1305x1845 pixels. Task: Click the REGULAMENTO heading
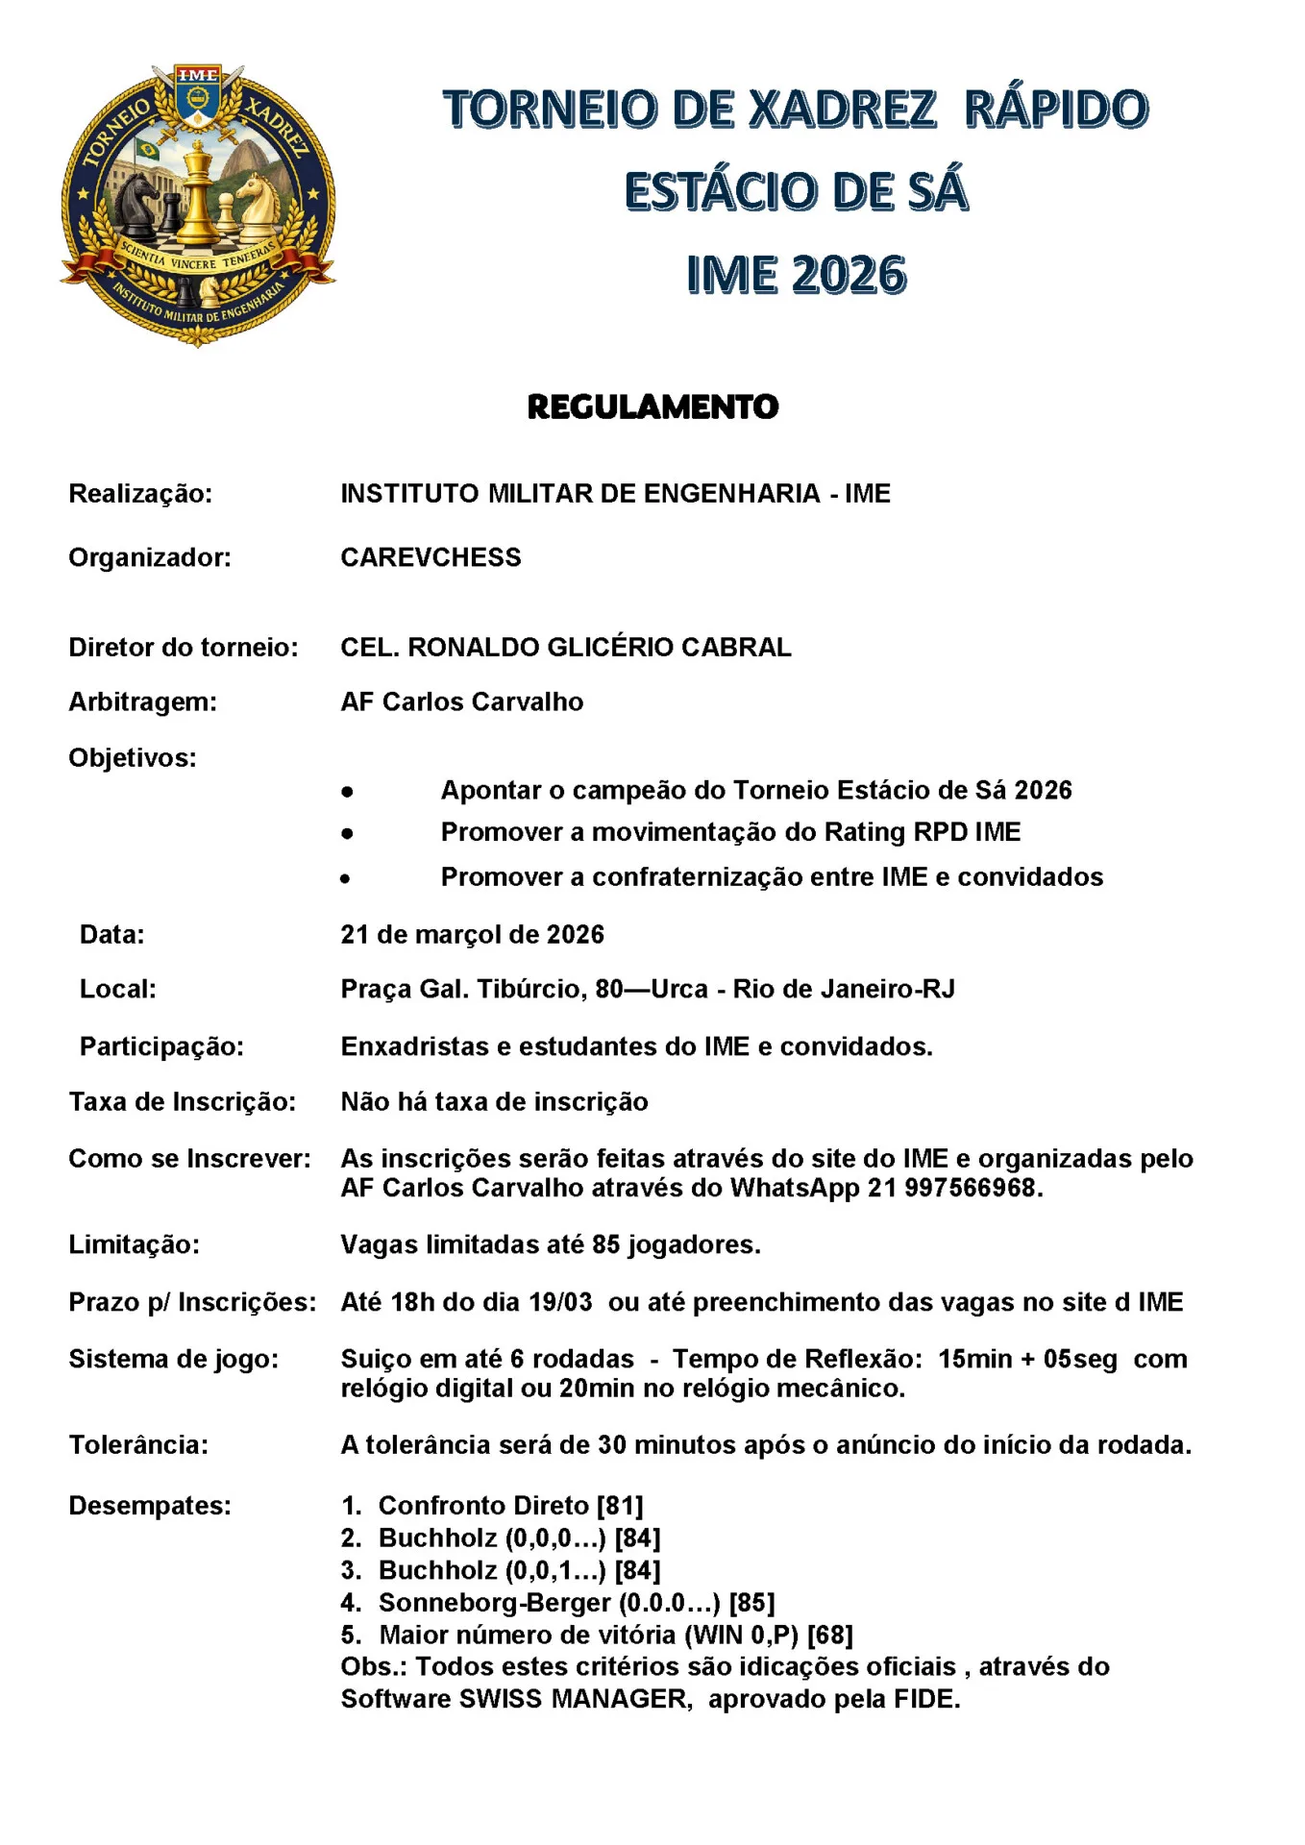pos(652,406)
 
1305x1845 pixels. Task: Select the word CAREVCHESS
pos(431,557)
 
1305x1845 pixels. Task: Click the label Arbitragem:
pos(142,701)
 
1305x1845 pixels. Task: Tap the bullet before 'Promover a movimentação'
pos(347,833)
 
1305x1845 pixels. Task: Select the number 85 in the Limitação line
pos(605,1244)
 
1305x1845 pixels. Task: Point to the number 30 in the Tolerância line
pos(612,1444)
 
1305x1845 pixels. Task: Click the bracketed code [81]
pos(620,1505)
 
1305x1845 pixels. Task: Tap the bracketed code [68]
pos(829,1635)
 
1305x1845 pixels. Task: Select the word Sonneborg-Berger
pos(494,1602)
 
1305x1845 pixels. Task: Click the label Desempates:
pos(150,1505)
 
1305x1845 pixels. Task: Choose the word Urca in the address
pos(679,989)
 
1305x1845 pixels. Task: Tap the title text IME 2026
pos(796,275)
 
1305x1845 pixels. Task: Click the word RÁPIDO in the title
pos(1055,109)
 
